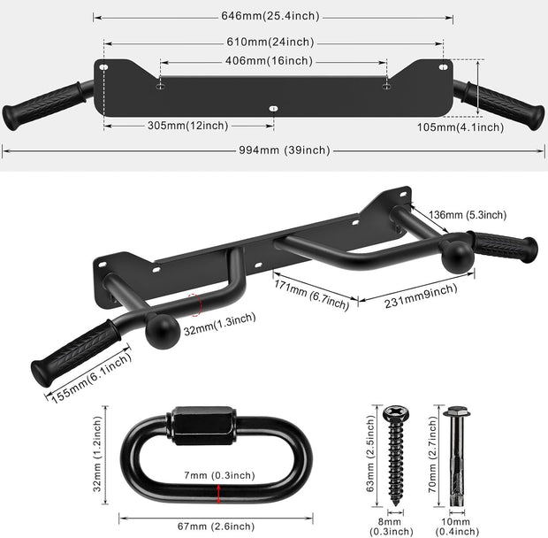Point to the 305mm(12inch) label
[187, 126]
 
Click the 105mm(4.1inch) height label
[460, 127]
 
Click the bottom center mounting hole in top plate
[272, 109]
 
